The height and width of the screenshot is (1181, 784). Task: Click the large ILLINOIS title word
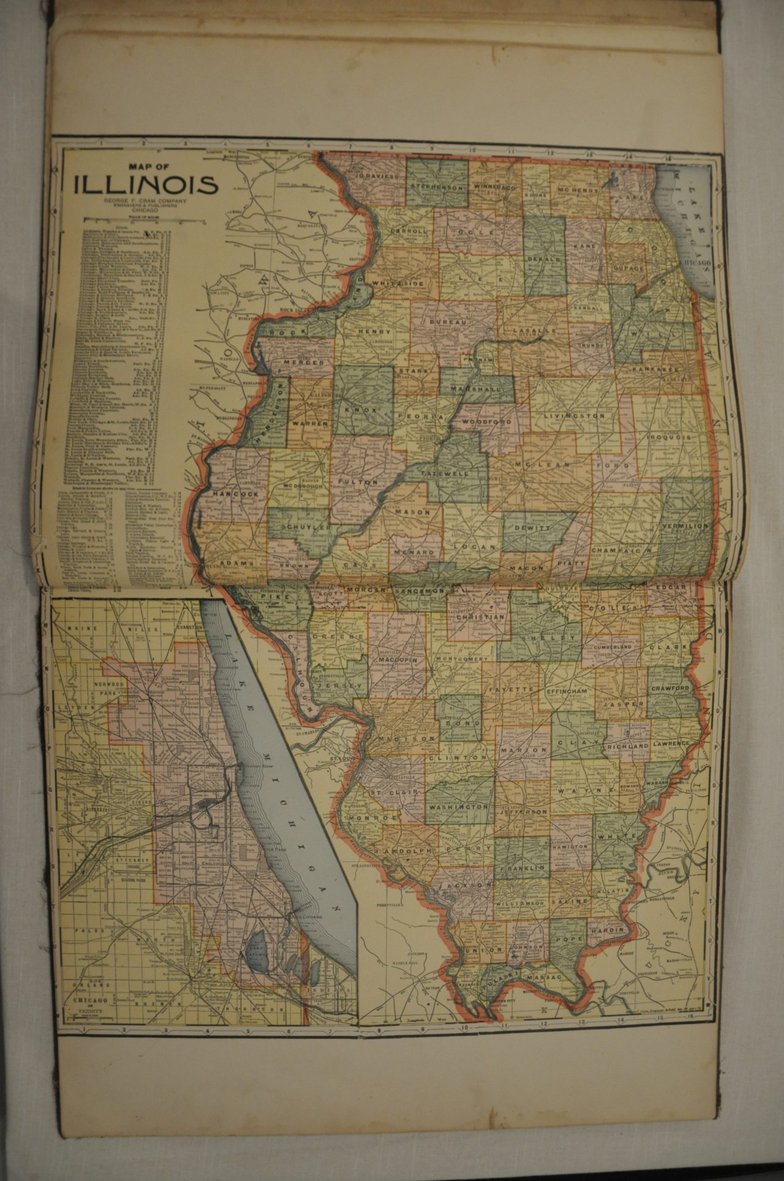click(x=145, y=184)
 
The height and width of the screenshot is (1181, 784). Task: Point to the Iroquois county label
click(x=669, y=438)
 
